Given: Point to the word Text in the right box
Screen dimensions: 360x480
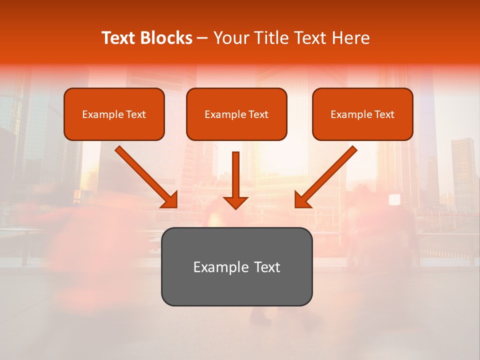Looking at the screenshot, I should [384, 114].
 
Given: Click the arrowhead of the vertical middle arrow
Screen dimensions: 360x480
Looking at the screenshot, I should [236, 202].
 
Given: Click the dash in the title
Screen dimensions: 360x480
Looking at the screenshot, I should [202, 38].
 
